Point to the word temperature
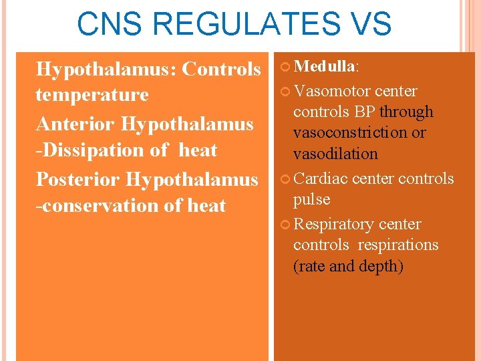click(92, 95)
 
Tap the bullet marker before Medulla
click(286, 67)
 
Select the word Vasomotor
click(332, 91)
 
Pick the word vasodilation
click(335, 154)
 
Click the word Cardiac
click(321, 179)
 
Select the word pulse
click(311, 200)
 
